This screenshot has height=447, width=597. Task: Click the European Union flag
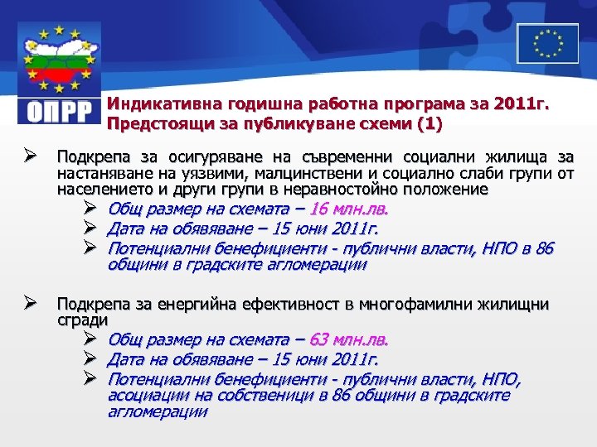547,43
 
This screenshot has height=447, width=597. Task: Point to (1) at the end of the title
430,124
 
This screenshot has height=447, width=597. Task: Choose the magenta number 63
319,340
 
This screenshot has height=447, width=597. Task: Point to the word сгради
81,319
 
